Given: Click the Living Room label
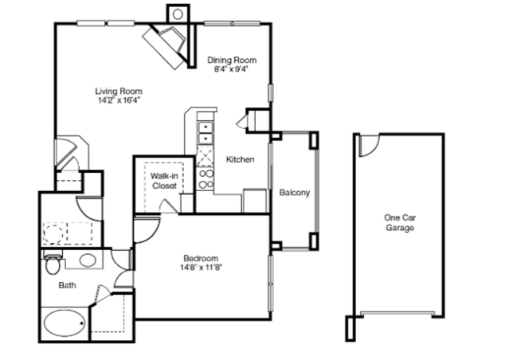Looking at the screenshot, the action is tap(119, 92).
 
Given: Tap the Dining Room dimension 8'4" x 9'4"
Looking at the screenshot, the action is tap(231, 69).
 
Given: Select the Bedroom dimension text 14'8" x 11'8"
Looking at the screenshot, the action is tap(201, 268).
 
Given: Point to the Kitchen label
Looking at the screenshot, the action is tap(241, 159).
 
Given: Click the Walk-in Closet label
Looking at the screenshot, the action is tap(164, 181).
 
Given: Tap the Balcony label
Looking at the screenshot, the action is tap(295, 193).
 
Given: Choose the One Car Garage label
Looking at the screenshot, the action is tap(400, 222).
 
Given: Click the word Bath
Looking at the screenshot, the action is tap(67, 285).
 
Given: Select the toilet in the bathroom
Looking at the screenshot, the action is tap(53, 264).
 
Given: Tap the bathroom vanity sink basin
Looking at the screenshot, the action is tap(88, 260).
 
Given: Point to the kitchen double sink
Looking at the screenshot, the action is tap(206, 132).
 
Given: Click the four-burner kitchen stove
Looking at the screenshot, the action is tap(206, 179).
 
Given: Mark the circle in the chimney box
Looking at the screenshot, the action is tap(178, 14).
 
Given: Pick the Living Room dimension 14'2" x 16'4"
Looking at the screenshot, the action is tap(119, 100).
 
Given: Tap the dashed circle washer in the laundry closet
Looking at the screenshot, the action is tap(53, 233).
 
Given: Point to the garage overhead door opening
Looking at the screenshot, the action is tap(398, 313).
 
